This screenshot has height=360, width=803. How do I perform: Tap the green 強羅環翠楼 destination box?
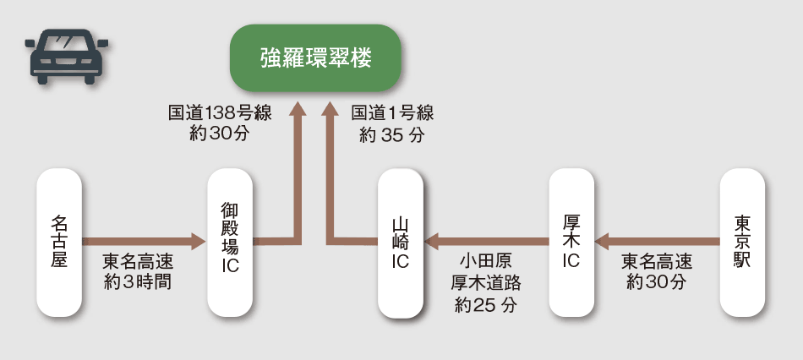click(x=315, y=59)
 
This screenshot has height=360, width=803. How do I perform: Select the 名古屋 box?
click(x=59, y=243)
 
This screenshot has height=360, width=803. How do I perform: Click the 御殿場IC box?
click(x=230, y=243)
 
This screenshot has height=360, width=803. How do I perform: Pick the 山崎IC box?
click(x=401, y=243)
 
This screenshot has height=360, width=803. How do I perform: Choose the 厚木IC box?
click(x=571, y=243)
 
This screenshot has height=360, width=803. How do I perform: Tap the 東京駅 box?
click(x=741, y=243)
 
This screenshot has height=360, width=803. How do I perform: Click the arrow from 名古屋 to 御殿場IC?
click(x=144, y=243)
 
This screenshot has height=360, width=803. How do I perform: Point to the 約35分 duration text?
click(x=391, y=134)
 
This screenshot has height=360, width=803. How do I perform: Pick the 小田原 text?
click(x=485, y=261)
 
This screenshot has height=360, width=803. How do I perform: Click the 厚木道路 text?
click(x=485, y=283)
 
